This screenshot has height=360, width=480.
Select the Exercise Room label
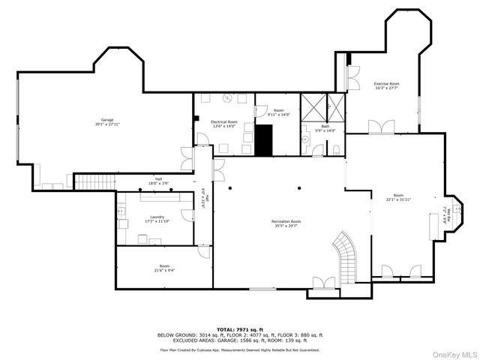386,84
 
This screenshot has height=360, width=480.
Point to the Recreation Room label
286,221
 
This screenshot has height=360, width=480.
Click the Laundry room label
157,217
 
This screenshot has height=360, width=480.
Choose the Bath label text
325,127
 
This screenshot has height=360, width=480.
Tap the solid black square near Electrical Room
263,140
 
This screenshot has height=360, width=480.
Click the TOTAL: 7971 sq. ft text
240,329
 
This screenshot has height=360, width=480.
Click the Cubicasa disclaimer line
240,349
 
